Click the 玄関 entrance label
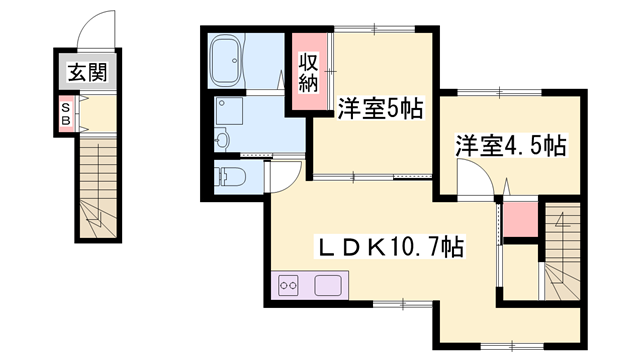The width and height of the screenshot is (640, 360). [89, 72]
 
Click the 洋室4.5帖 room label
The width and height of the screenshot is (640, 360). [511, 146]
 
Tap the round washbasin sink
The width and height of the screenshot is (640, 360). [222, 138]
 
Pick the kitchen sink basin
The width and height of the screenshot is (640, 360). [328, 286]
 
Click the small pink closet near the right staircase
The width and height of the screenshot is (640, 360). [517, 219]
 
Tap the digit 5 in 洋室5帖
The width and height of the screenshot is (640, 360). [391, 108]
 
